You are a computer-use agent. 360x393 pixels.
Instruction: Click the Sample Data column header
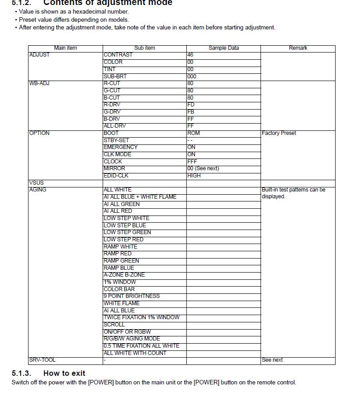pyautogui.click(x=223, y=48)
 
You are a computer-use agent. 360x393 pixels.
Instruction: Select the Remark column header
pyautogui.click(x=298, y=48)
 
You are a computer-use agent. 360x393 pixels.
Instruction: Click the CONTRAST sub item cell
pyautogui.click(x=118, y=55)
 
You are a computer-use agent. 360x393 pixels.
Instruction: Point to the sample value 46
pyautogui.click(x=190, y=55)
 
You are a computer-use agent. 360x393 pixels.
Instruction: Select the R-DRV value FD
pyautogui.click(x=191, y=105)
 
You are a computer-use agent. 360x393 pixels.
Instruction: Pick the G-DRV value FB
pyautogui.click(x=191, y=112)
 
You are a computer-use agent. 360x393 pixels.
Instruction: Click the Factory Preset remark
pyautogui.click(x=279, y=133)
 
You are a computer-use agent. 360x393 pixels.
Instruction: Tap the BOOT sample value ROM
pyautogui.click(x=194, y=133)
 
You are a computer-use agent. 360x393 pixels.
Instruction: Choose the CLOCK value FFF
pyautogui.click(x=192, y=161)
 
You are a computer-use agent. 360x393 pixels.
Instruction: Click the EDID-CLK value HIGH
pyautogui.click(x=194, y=176)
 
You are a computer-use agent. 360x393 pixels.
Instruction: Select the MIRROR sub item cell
pyautogui.click(x=114, y=168)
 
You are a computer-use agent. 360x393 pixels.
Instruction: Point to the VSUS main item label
pyautogui.click(x=36, y=183)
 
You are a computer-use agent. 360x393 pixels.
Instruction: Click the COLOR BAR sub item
pyautogui.click(x=119, y=289)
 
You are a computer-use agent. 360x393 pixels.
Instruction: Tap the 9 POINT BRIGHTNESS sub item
pyautogui.click(x=132, y=296)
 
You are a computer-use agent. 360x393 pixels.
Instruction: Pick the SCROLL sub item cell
pyautogui.click(x=114, y=325)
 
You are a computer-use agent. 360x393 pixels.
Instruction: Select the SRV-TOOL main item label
pyautogui.click(x=43, y=360)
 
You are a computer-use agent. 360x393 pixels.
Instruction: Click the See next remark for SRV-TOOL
pyautogui.click(x=272, y=360)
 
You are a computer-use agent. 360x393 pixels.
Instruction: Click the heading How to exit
pyautogui.click(x=64, y=373)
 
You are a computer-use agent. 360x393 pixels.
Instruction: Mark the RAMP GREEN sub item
pyautogui.click(x=121, y=261)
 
